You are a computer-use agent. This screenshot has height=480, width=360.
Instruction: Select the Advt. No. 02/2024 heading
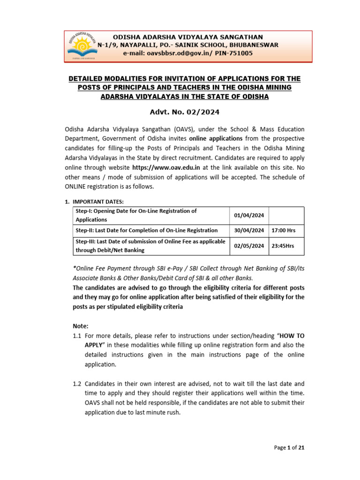[184, 112]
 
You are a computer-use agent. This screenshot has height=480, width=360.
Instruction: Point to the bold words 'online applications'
[216, 139]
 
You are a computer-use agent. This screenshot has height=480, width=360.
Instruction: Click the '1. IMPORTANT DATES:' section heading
[94, 202]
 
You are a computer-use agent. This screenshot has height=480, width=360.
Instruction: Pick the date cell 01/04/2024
[249, 216]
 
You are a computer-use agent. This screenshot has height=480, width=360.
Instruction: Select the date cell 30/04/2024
[249, 231]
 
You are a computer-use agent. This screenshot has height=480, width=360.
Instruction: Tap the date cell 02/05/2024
[249, 246]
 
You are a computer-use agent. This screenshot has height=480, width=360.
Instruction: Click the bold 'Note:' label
[80, 326]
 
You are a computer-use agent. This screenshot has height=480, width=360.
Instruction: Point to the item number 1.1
[77, 336]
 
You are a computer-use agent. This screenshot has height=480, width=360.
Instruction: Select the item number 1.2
[77, 384]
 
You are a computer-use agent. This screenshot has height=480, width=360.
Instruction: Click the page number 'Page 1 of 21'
[289, 448]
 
